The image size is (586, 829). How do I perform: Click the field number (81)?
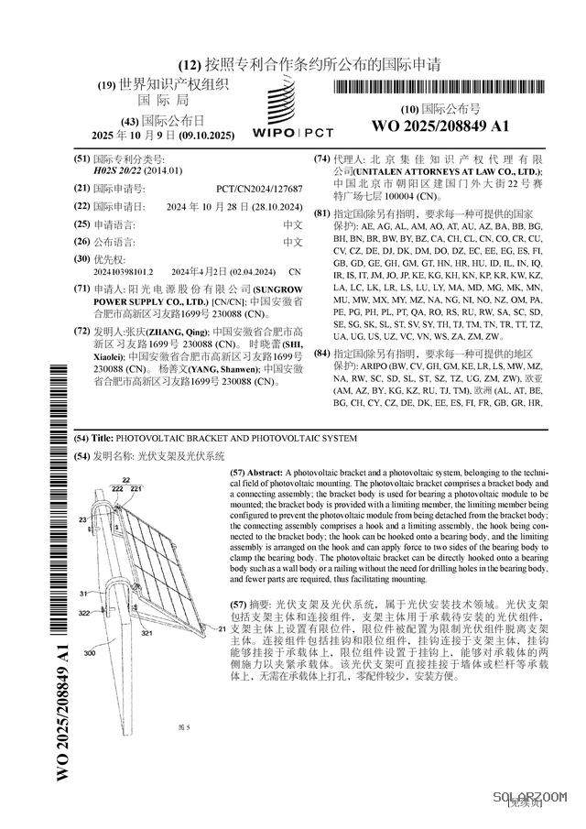click(321, 213)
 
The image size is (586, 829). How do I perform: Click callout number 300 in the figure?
click(90, 654)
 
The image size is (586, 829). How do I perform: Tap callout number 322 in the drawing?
click(83, 613)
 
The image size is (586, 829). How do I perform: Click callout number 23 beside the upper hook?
click(82, 519)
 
